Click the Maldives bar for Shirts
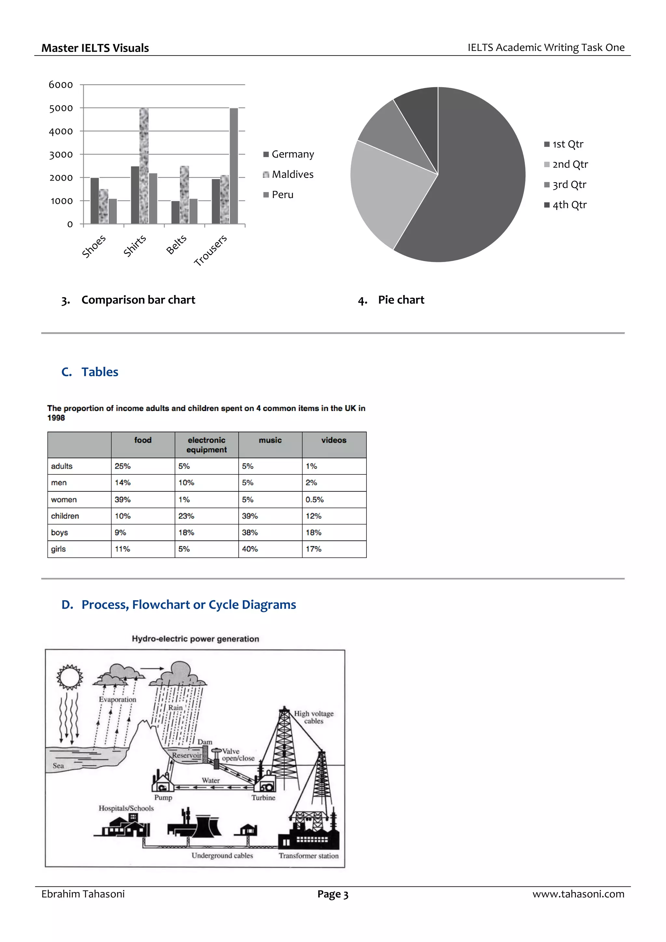pyautogui.click(x=144, y=166)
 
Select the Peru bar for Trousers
pyautogui.click(x=233, y=166)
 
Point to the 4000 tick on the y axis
pyautogui.click(x=61, y=132)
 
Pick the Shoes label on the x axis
pyautogui.click(x=94, y=246)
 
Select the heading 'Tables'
pyautogui.click(x=100, y=372)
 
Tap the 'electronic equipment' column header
pyautogui.click(x=206, y=445)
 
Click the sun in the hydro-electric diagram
pyautogui.click(x=69, y=677)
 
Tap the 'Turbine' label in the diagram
pyautogui.click(x=263, y=798)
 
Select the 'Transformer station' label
pyautogui.click(x=309, y=856)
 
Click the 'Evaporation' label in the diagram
pyautogui.click(x=117, y=699)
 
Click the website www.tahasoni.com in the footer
pyautogui.click(x=578, y=894)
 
